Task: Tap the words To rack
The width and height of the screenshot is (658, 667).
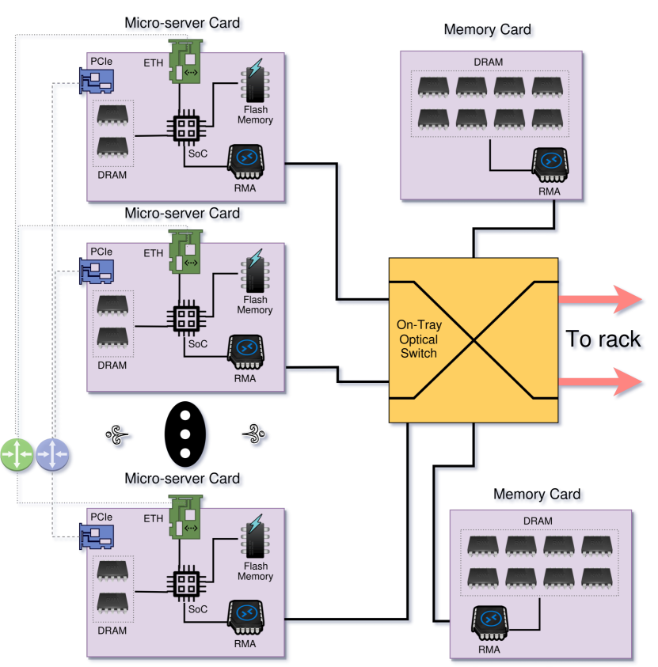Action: pyautogui.click(x=604, y=340)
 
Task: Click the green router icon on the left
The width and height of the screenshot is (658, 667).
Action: pyautogui.click(x=17, y=455)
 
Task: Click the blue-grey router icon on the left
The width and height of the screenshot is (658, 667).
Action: pyautogui.click(x=52, y=455)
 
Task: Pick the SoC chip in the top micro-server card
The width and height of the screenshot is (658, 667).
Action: pyautogui.click(x=186, y=127)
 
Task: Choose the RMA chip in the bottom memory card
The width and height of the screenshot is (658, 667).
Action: pyautogui.click(x=490, y=623)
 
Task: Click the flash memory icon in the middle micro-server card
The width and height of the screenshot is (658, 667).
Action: pyautogui.click(x=254, y=272)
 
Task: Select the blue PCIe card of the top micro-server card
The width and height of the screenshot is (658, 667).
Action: pyautogui.click(x=96, y=80)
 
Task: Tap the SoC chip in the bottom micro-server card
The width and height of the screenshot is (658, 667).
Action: pyautogui.click(x=186, y=584)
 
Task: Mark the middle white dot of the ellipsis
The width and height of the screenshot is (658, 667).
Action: pyautogui.click(x=185, y=434)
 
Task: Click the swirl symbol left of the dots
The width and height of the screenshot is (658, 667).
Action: pyautogui.click(x=116, y=434)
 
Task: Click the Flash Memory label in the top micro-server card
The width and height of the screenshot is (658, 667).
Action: pyautogui.click(x=255, y=115)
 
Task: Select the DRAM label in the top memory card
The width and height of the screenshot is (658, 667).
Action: pyautogui.click(x=488, y=62)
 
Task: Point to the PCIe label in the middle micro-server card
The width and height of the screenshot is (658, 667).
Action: pyautogui.click(x=101, y=252)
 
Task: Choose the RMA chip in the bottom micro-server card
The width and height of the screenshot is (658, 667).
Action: pyautogui.click(x=245, y=617)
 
